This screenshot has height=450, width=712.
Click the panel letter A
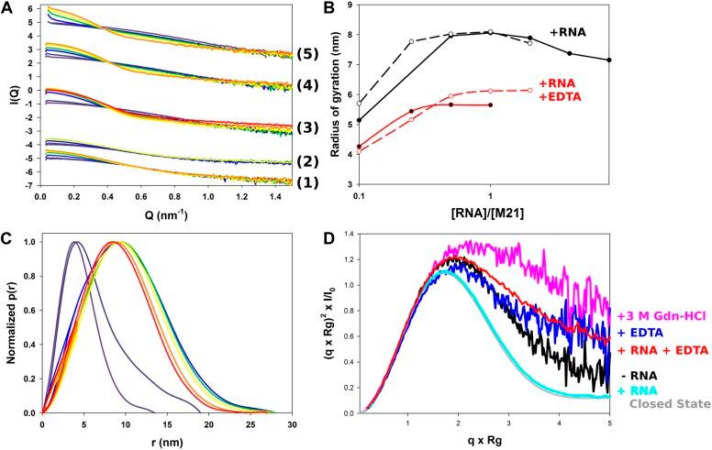pos(9,8)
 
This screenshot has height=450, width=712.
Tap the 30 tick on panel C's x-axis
pos(292,425)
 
